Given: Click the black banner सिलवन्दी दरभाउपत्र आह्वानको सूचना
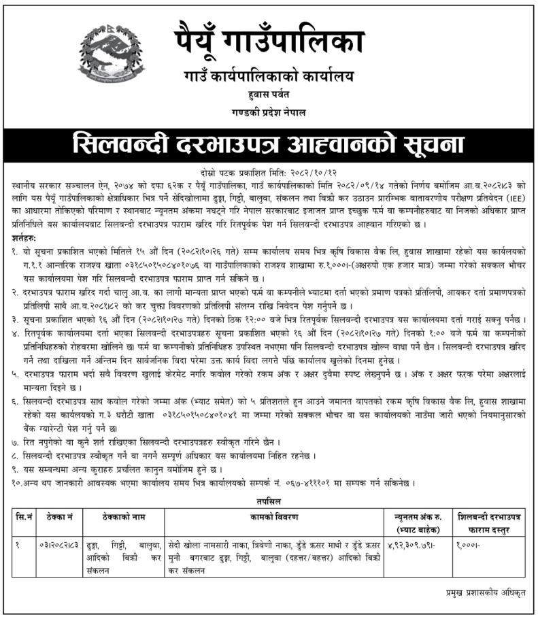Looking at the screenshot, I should [x=269, y=144].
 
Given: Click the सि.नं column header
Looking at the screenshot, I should [x=24, y=518].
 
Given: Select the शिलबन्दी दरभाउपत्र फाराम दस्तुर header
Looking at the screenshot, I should [x=490, y=524].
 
